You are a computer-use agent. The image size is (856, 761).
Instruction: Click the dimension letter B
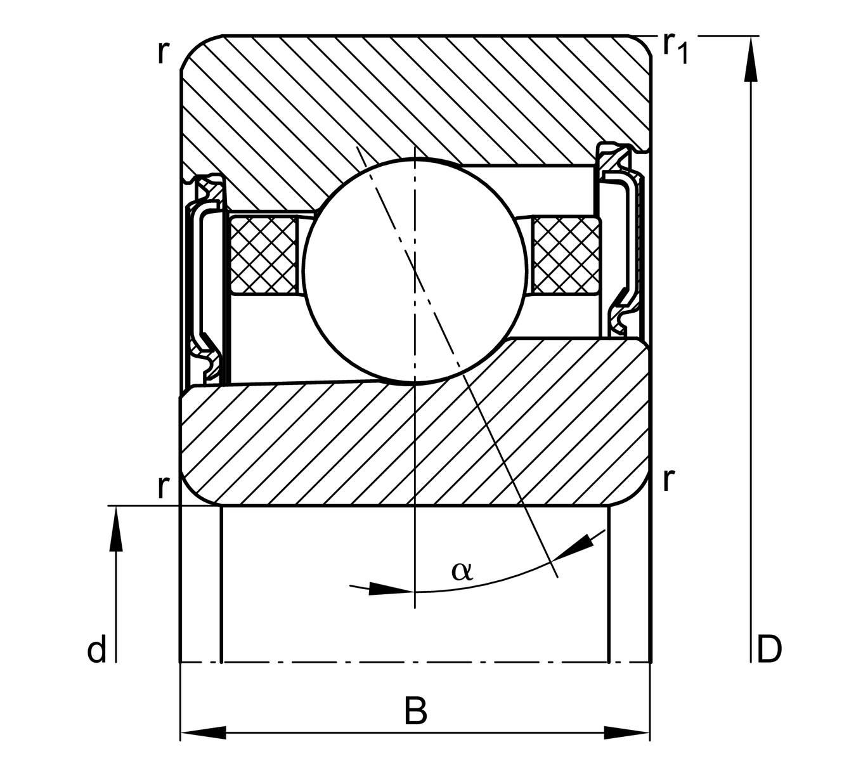coord(415,712)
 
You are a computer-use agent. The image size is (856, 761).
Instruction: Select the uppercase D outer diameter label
coord(769,649)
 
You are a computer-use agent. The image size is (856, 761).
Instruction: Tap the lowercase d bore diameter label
coord(96,651)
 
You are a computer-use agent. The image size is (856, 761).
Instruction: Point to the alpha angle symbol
coord(462,571)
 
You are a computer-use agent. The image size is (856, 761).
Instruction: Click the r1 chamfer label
coord(675,48)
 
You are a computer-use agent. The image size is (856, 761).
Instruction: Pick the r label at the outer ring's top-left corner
coord(163,53)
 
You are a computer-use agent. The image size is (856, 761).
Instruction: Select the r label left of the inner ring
coord(163,487)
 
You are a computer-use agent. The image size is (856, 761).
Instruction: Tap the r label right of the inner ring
coord(667,480)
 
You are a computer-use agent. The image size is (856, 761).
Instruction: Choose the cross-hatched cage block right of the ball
coord(566,255)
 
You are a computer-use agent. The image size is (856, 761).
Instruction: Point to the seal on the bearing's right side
coord(625,241)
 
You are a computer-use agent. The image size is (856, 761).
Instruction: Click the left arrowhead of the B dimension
coord(203,733)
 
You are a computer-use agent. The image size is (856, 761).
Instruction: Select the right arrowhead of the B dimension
coord(628,733)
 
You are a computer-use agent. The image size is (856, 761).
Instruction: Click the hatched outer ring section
coord(412,95)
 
